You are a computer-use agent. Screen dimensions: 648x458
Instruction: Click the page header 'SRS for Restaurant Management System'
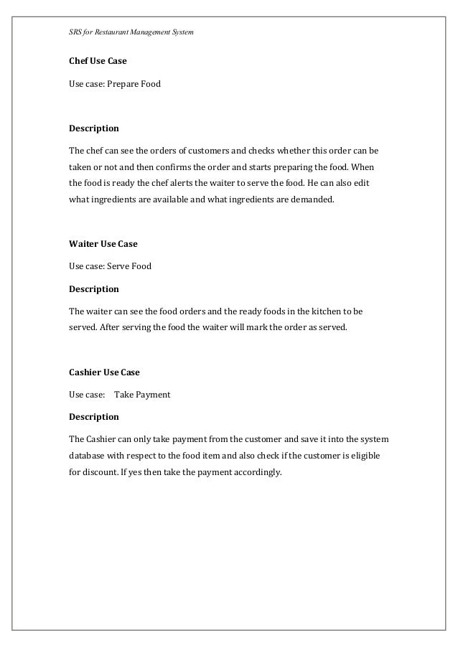[x=126, y=33]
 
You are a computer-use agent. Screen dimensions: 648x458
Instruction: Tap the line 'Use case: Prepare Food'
[x=115, y=84]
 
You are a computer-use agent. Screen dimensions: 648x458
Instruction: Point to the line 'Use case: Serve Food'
[x=110, y=266]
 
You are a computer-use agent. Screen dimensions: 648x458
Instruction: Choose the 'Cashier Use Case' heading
[x=104, y=372]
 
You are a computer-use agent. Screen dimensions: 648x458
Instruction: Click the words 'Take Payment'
[x=142, y=395]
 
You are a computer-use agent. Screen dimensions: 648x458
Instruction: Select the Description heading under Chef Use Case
[x=93, y=129]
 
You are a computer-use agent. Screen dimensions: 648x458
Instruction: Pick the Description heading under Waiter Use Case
[x=93, y=289]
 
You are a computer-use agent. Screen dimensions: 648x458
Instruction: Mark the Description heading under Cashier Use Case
[x=93, y=417]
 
